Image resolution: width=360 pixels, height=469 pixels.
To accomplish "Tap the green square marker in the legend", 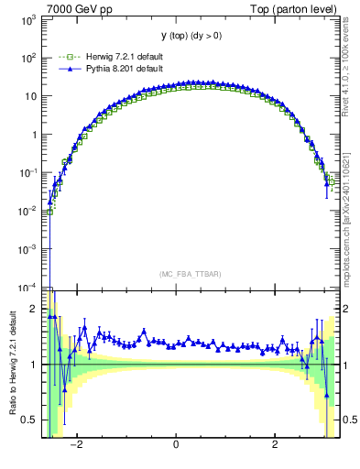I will (65, 55).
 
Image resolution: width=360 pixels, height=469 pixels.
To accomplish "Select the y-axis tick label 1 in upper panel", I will (36, 135).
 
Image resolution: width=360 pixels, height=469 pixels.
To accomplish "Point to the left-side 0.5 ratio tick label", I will (31, 420).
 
